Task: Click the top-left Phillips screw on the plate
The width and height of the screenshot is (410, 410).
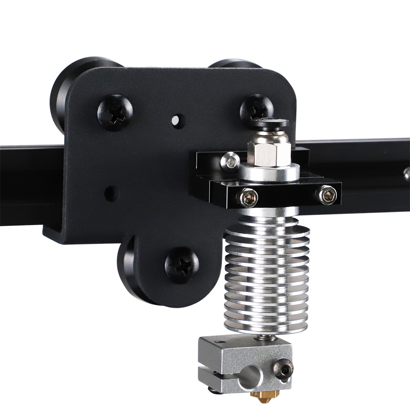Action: [115, 112]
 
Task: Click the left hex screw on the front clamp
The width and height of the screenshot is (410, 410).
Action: [247, 198]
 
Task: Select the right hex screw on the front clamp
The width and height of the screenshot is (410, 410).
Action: [328, 195]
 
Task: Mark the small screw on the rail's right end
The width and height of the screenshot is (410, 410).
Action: [407, 174]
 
